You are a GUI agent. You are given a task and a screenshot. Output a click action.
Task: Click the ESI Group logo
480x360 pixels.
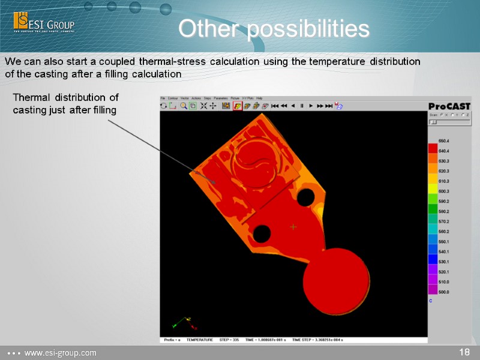click(x=44, y=24)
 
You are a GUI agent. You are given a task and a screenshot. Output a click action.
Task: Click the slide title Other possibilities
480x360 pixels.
click(x=274, y=29)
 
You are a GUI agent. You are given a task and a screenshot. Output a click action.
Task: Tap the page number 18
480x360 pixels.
click(x=464, y=352)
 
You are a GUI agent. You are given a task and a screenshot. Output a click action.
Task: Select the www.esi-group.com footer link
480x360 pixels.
click(x=59, y=353)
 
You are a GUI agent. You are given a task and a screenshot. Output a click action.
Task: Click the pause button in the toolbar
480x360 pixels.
click(x=302, y=106)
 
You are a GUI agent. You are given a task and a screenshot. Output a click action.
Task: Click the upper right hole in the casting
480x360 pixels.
click(x=305, y=196)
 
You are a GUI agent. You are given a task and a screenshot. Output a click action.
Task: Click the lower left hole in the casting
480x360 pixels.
click(x=262, y=234)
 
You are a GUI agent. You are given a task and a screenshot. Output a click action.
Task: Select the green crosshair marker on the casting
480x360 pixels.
click(x=293, y=226)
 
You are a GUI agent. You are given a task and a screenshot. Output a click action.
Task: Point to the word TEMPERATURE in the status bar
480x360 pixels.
click(x=199, y=340)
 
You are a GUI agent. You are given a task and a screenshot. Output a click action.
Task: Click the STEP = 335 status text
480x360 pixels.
click(x=229, y=340)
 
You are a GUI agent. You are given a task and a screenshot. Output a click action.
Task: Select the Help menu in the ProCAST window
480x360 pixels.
click(x=259, y=98)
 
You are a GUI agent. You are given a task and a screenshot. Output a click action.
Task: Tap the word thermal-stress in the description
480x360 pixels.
click(x=173, y=62)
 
